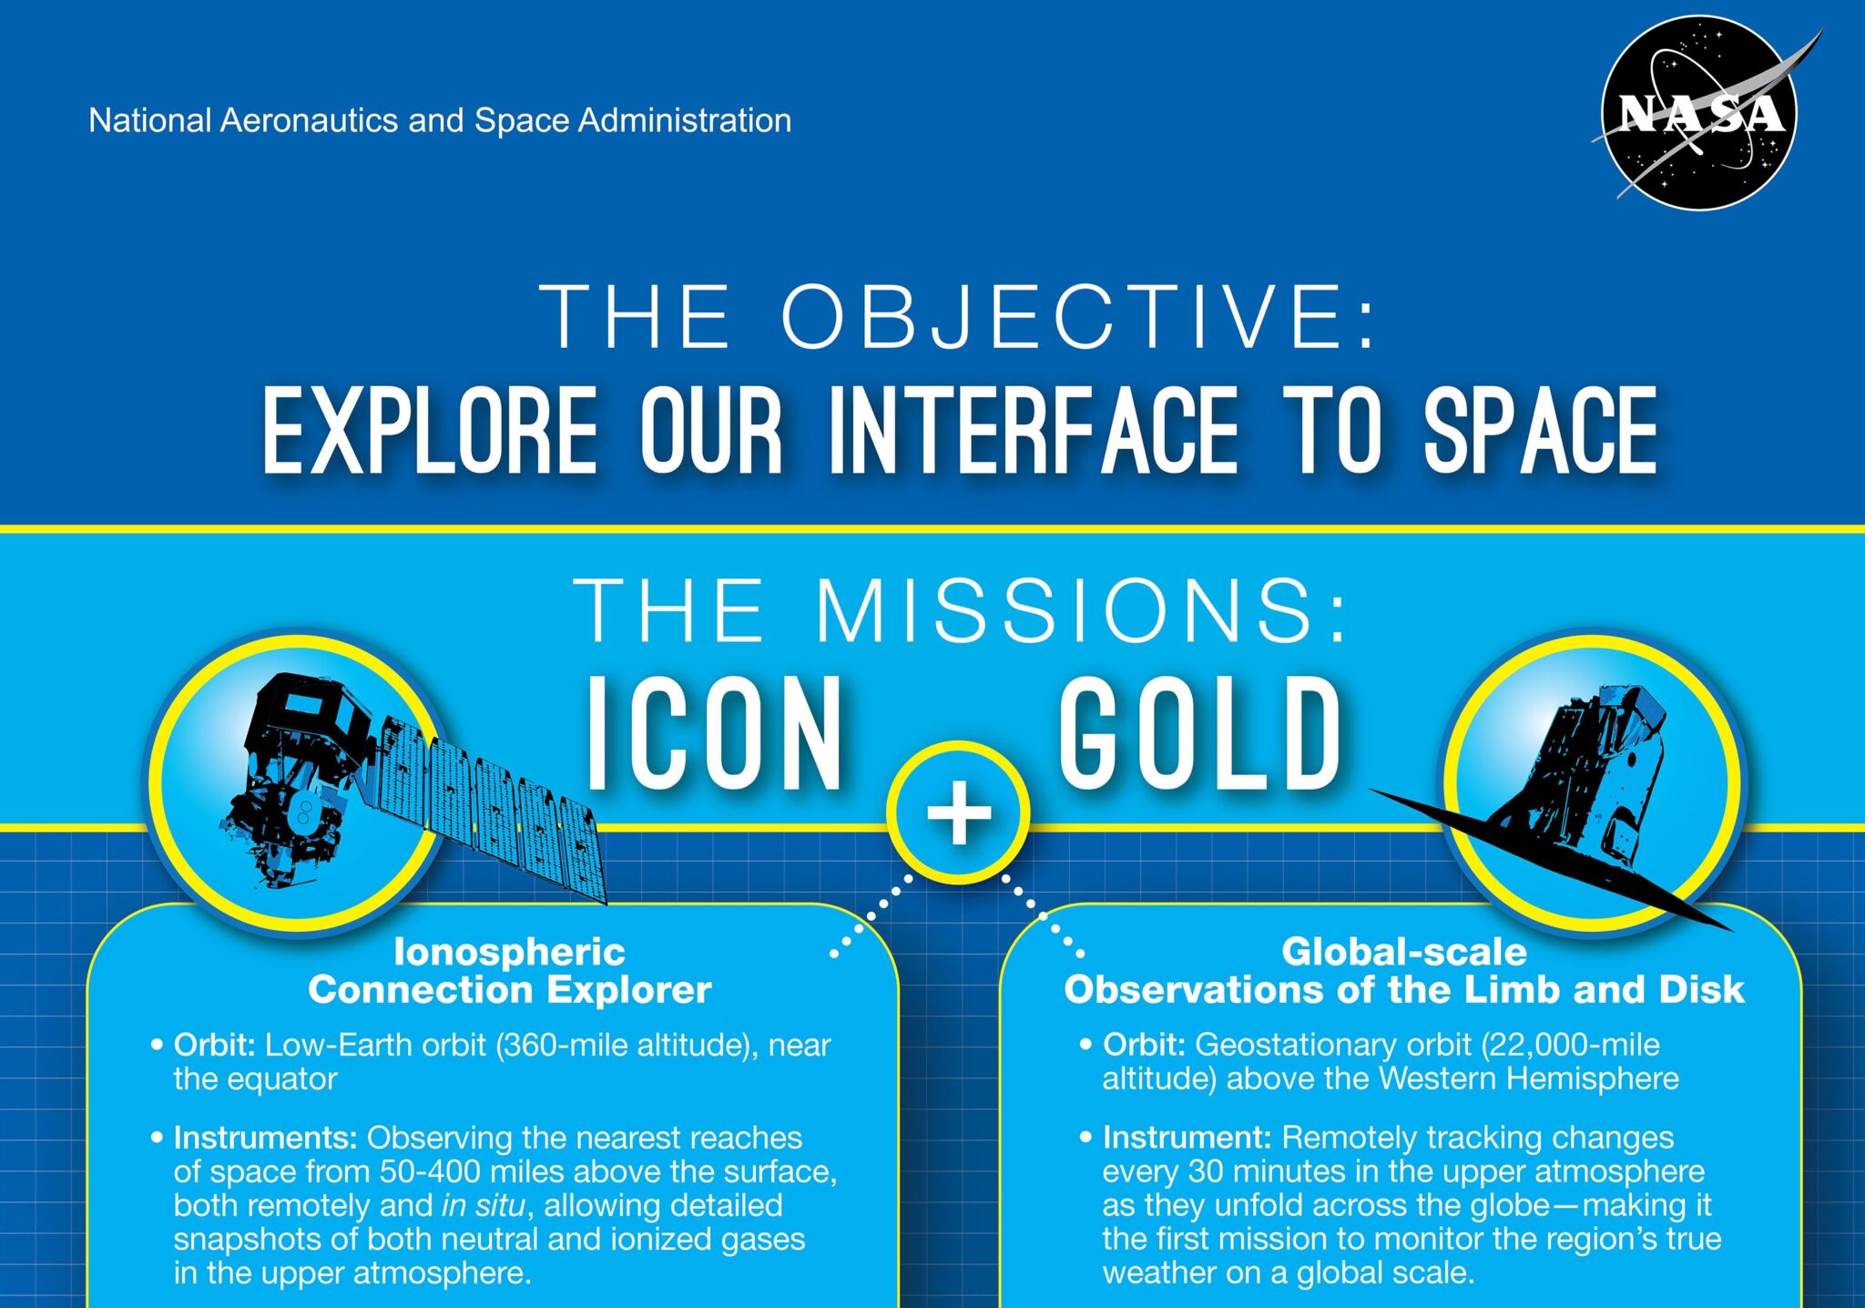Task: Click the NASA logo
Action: [1699, 114]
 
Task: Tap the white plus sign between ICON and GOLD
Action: [959, 812]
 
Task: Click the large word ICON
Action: [714, 734]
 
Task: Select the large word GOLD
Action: [1199, 734]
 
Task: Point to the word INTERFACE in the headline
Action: [1034, 430]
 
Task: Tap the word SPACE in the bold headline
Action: [1540, 430]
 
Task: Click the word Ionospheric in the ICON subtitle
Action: [509, 952]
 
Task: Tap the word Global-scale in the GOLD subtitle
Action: [1403, 952]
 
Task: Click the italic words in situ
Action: [484, 1205]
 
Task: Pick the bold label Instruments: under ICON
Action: [265, 1138]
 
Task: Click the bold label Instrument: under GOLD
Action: [1187, 1138]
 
